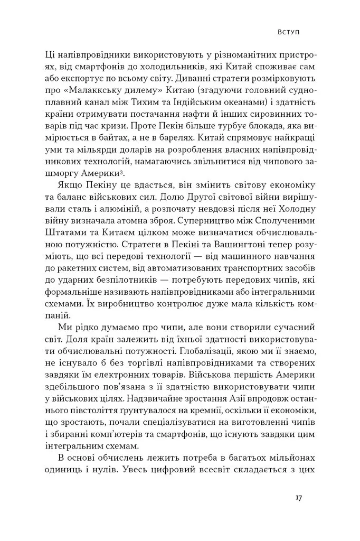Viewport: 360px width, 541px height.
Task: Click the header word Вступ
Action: [x=289, y=32]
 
